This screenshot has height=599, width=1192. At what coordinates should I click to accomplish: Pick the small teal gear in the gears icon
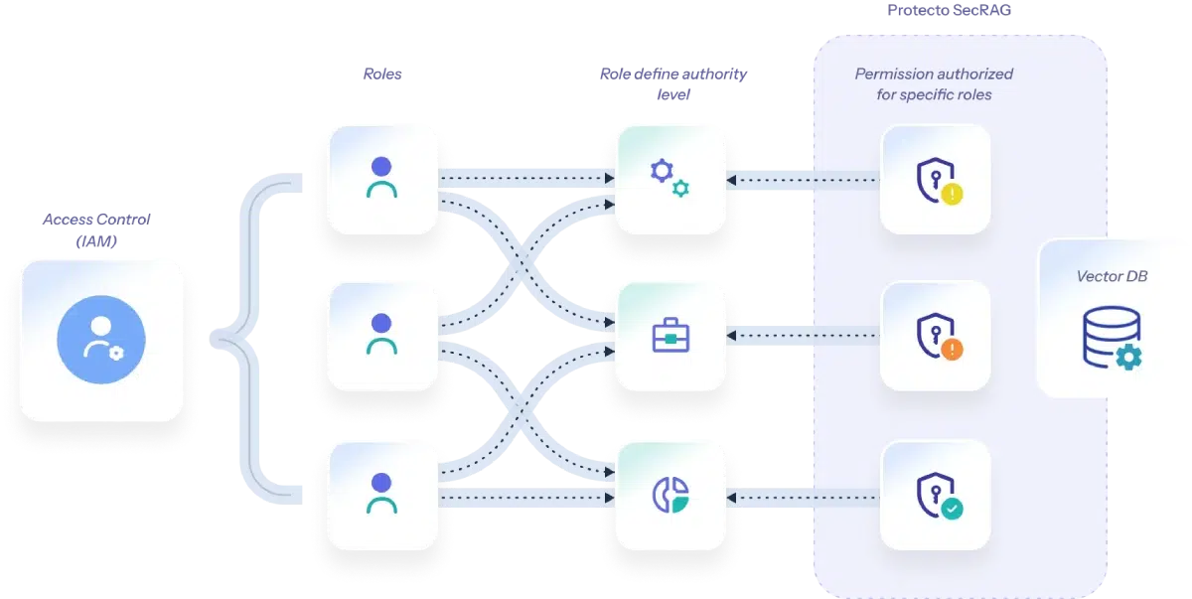click(680, 189)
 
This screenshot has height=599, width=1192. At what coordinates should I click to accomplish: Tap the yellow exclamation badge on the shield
click(952, 195)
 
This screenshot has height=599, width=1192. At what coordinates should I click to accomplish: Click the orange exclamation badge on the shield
click(952, 350)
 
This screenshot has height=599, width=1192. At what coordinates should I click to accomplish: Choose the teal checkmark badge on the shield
click(952, 509)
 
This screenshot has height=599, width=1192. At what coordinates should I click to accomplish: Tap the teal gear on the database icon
click(1129, 357)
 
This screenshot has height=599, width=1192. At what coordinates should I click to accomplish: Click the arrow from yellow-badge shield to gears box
click(805, 180)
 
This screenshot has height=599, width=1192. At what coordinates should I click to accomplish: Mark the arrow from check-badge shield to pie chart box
click(805, 494)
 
